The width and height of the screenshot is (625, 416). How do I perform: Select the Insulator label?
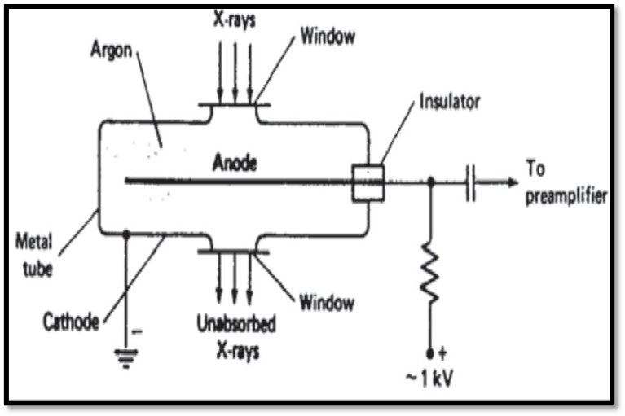pyautogui.click(x=449, y=103)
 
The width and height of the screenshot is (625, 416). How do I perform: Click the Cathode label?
pyautogui.click(x=70, y=323)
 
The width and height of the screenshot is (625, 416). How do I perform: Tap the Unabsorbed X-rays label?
pyautogui.click(x=236, y=334)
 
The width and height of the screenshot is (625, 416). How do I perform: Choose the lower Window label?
pyautogui.click(x=327, y=304)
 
